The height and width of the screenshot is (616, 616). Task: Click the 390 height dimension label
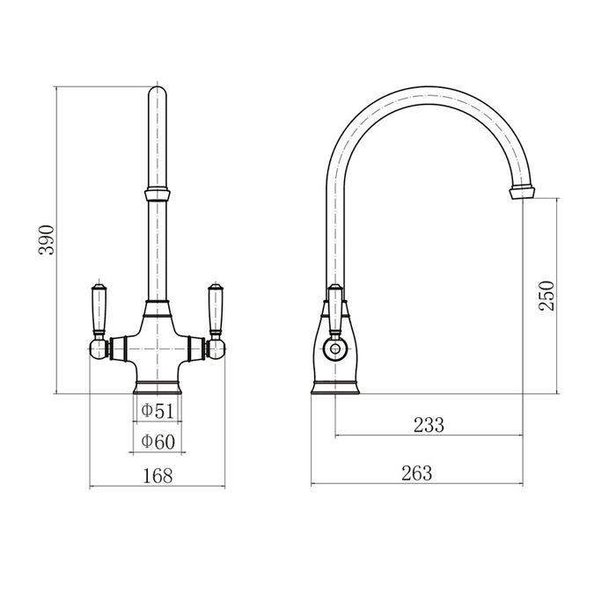coord(47,240)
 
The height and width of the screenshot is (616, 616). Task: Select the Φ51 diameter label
coord(158,411)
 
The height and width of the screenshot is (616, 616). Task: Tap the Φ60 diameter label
coord(158,442)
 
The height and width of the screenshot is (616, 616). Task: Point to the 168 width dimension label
coord(158,476)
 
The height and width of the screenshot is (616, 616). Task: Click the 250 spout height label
coord(546,296)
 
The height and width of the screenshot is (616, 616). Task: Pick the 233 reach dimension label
coord(429,425)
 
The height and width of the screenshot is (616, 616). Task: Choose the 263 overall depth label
coord(416,473)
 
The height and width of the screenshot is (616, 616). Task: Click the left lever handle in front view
coord(99,311)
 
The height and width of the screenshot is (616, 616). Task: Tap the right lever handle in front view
coord(215,311)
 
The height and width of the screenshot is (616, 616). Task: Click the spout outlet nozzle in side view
coord(522,193)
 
